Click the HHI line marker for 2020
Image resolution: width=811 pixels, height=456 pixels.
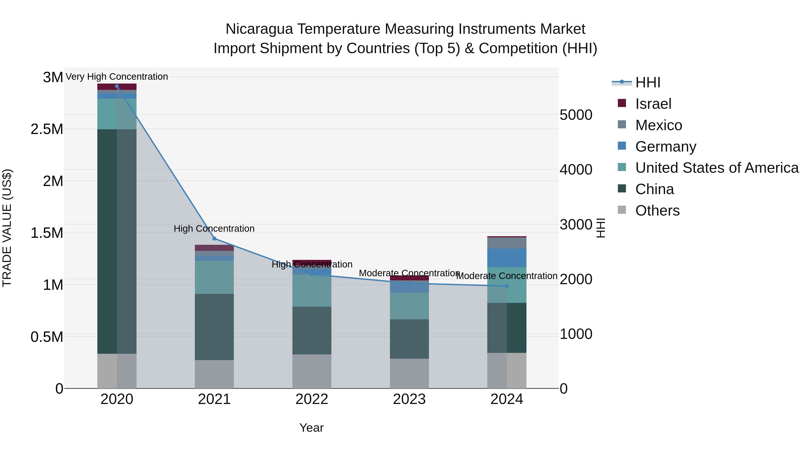pos(117,86)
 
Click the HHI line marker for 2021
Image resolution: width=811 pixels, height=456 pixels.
pos(214,238)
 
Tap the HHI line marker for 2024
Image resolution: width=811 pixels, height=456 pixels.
pos(507,286)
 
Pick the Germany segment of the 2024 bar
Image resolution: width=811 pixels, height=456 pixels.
pos(507,258)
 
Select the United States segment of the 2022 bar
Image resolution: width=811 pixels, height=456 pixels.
pos(312,290)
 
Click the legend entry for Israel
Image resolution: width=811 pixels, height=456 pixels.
pos(653,104)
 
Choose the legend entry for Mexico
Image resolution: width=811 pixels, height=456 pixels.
pos(658,125)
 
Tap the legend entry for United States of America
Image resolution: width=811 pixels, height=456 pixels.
pos(717,168)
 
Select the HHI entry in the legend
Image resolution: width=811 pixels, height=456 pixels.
pos(647,82)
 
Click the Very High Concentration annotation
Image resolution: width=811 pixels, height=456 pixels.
pos(117,77)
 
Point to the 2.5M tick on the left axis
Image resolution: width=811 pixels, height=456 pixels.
pos(47,129)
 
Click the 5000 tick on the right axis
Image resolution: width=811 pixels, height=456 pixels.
pos(576,115)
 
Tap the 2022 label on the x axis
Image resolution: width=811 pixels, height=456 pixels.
pos(312,399)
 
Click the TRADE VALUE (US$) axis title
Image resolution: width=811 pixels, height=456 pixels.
pos(7,228)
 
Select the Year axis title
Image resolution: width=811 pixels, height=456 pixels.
pos(311,428)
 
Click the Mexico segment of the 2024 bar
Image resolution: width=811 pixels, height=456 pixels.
pos(507,243)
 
